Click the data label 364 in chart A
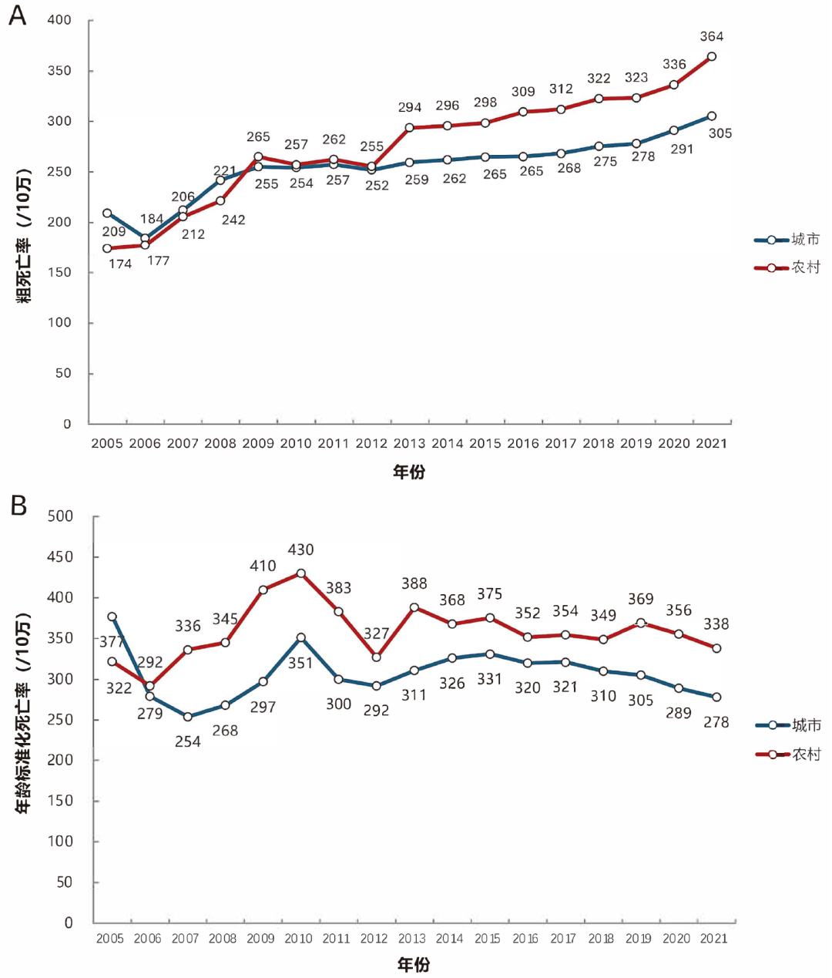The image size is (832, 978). coord(711,36)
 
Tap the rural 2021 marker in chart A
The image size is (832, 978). coord(711,57)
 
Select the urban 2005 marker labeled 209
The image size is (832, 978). coord(107,213)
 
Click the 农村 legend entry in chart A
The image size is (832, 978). coord(787,267)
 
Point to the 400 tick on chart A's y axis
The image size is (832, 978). coord(59,20)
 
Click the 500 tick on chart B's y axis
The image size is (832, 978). coord(61,516)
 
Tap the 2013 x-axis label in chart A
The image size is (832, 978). coord(409,444)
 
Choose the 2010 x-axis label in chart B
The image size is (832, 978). coord(299,939)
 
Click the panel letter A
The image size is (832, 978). coord(17,15)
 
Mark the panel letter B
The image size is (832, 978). coord(18,506)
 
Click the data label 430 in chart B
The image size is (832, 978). coord(300,549)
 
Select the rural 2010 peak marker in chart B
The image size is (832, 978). coord(300,573)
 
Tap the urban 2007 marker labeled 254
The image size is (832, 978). coord(187,717)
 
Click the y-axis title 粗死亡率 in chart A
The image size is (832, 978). coord(25,235)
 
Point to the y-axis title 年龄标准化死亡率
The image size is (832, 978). coord(25,713)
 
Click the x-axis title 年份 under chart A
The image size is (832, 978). coord(409,472)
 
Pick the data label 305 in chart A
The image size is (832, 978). coord(720,133)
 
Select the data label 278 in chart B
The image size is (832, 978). coord(716,722)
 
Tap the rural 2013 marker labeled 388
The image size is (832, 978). coord(414,607)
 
